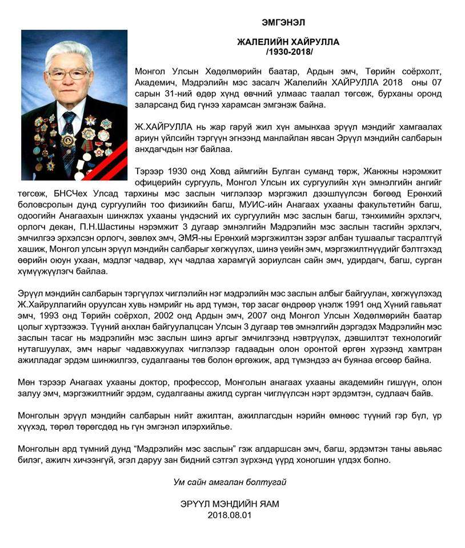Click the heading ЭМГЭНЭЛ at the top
point(283,23)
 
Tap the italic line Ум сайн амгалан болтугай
point(230,482)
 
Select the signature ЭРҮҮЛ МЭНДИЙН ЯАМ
point(230,504)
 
